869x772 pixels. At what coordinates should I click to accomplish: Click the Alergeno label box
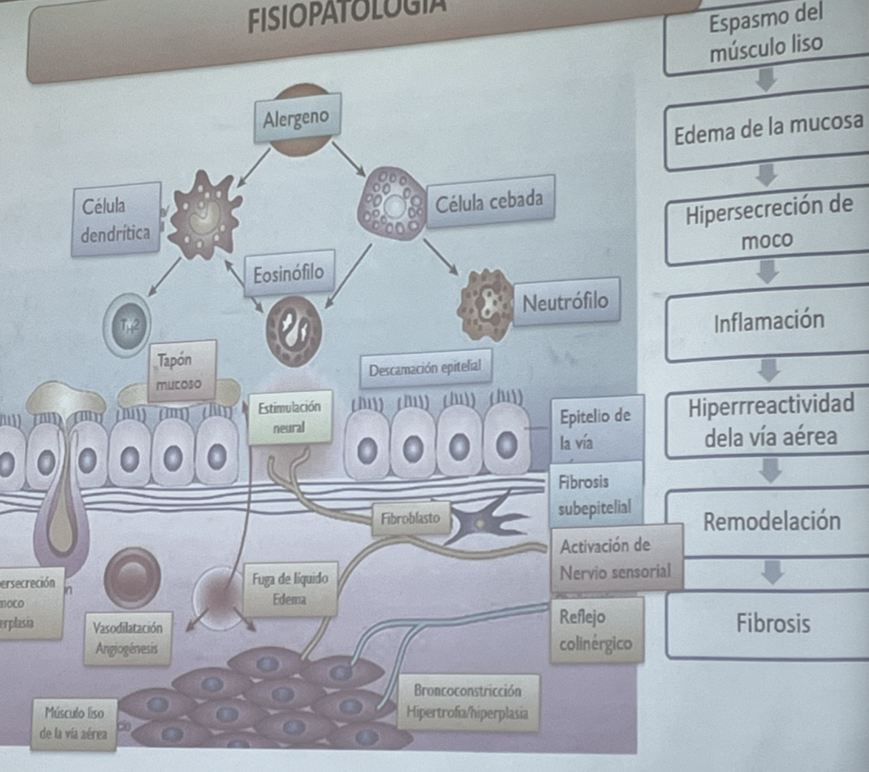pyautogui.click(x=297, y=117)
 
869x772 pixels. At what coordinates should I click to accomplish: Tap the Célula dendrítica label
pyautogui.click(x=116, y=220)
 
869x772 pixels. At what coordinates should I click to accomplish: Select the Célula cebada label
pyautogui.click(x=489, y=201)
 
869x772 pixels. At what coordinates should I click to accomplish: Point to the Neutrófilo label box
pyautogui.click(x=566, y=301)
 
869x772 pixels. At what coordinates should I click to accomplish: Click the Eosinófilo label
pyautogui.click(x=289, y=274)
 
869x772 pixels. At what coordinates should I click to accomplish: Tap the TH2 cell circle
pyautogui.click(x=128, y=322)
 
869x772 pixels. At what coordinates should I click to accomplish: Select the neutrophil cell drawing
pyautogui.click(x=486, y=304)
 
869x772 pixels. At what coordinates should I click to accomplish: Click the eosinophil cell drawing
pyautogui.click(x=294, y=332)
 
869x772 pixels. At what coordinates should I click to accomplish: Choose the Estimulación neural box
pyautogui.click(x=289, y=419)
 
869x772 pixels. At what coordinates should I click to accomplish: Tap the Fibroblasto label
pyautogui.click(x=410, y=519)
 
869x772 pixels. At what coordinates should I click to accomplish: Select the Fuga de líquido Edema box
pyautogui.click(x=290, y=589)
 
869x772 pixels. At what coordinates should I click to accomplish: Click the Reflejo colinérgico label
pyautogui.click(x=596, y=630)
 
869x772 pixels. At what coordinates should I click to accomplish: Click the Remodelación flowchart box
pyautogui.click(x=772, y=522)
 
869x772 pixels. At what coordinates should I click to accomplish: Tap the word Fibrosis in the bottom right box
pyautogui.click(x=773, y=624)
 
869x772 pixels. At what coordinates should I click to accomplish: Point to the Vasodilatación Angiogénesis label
pyautogui.click(x=128, y=638)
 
